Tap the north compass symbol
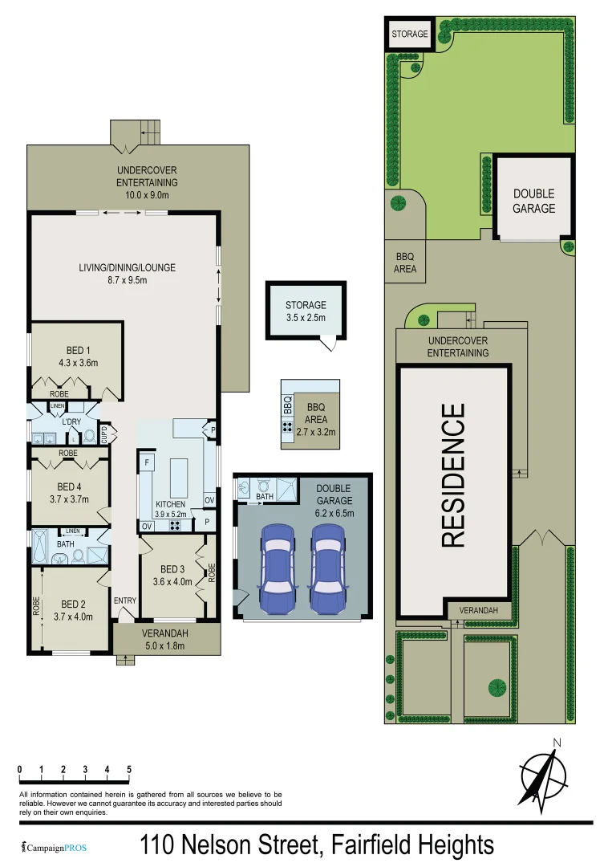point(539,775)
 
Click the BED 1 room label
point(78,356)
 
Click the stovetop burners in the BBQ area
point(287,427)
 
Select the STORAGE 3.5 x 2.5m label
point(306,311)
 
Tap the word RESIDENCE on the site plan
point(453,475)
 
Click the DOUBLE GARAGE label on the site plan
point(533,201)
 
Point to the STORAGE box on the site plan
point(410,35)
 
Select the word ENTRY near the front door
point(125,600)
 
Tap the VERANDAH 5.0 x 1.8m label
point(166,639)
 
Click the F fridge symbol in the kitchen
point(148,463)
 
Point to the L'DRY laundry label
point(71,422)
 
